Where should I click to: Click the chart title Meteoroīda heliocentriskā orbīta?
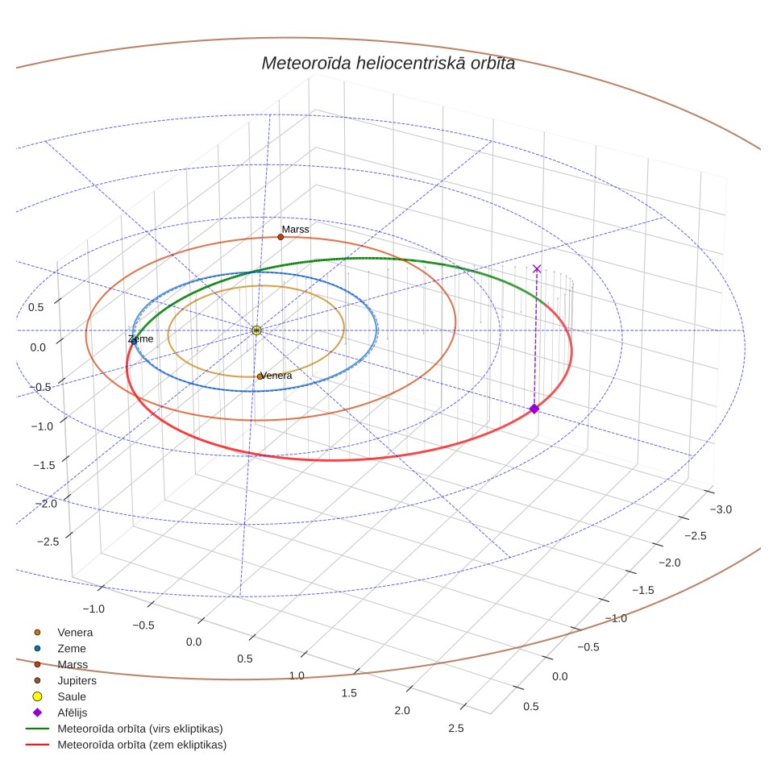point(388,64)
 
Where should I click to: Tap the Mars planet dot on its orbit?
point(280,237)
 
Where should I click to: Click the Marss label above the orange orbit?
point(295,230)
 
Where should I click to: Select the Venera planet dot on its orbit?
point(260,376)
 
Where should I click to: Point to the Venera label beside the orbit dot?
point(276,376)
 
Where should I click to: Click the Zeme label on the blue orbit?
point(141,339)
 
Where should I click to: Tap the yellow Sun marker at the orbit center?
point(256,330)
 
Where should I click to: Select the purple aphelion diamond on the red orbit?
point(534,409)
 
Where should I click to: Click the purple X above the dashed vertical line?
point(537,268)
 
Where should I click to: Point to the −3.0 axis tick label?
point(721,509)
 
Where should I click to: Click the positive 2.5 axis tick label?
point(456,728)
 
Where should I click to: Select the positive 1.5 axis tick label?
point(349,692)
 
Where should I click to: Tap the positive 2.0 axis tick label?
point(402,711)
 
